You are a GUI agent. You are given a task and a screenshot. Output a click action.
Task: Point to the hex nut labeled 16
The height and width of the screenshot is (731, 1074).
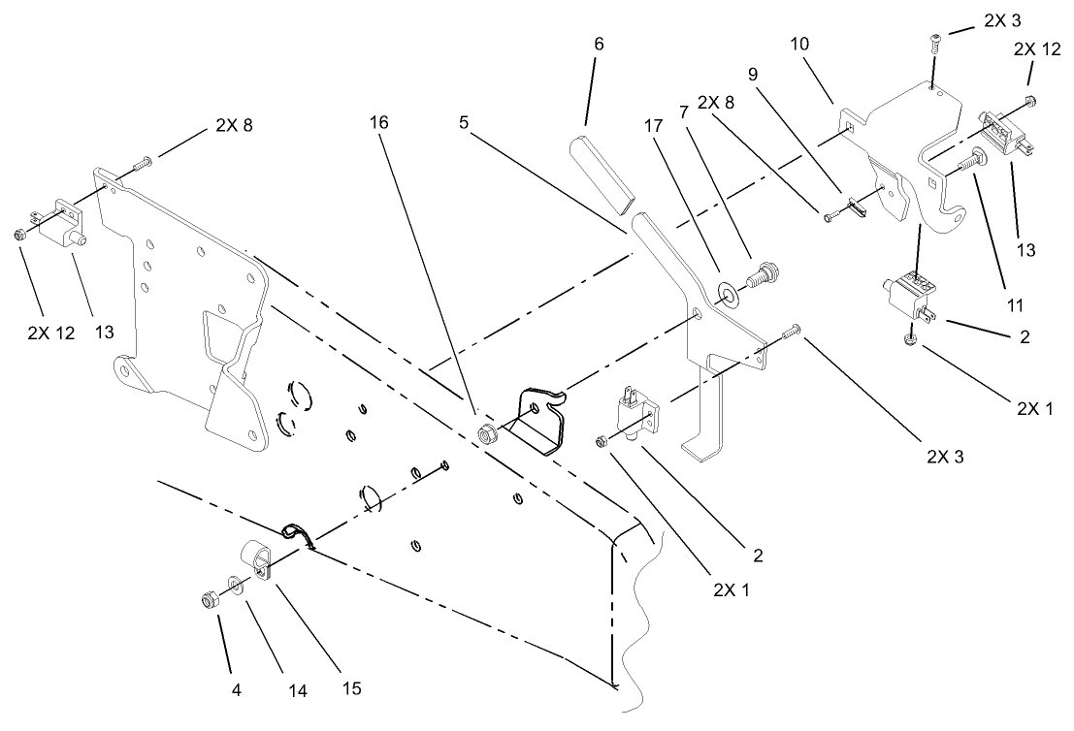485,431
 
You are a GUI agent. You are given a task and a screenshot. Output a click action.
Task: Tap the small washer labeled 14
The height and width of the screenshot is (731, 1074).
235,586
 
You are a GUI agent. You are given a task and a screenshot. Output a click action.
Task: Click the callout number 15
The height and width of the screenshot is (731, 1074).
351,687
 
